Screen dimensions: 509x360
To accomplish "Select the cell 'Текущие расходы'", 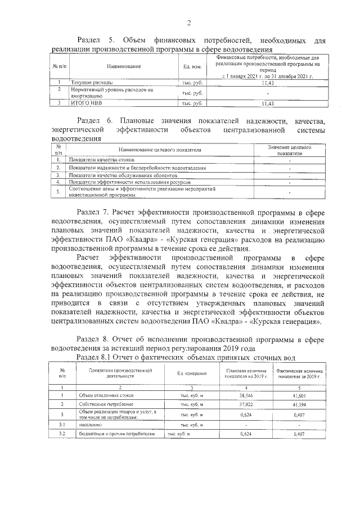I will pos(89,83).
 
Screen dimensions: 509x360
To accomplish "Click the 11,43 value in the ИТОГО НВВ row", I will pos(268,103).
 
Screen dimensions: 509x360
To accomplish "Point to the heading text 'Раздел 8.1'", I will pos(95,358).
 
